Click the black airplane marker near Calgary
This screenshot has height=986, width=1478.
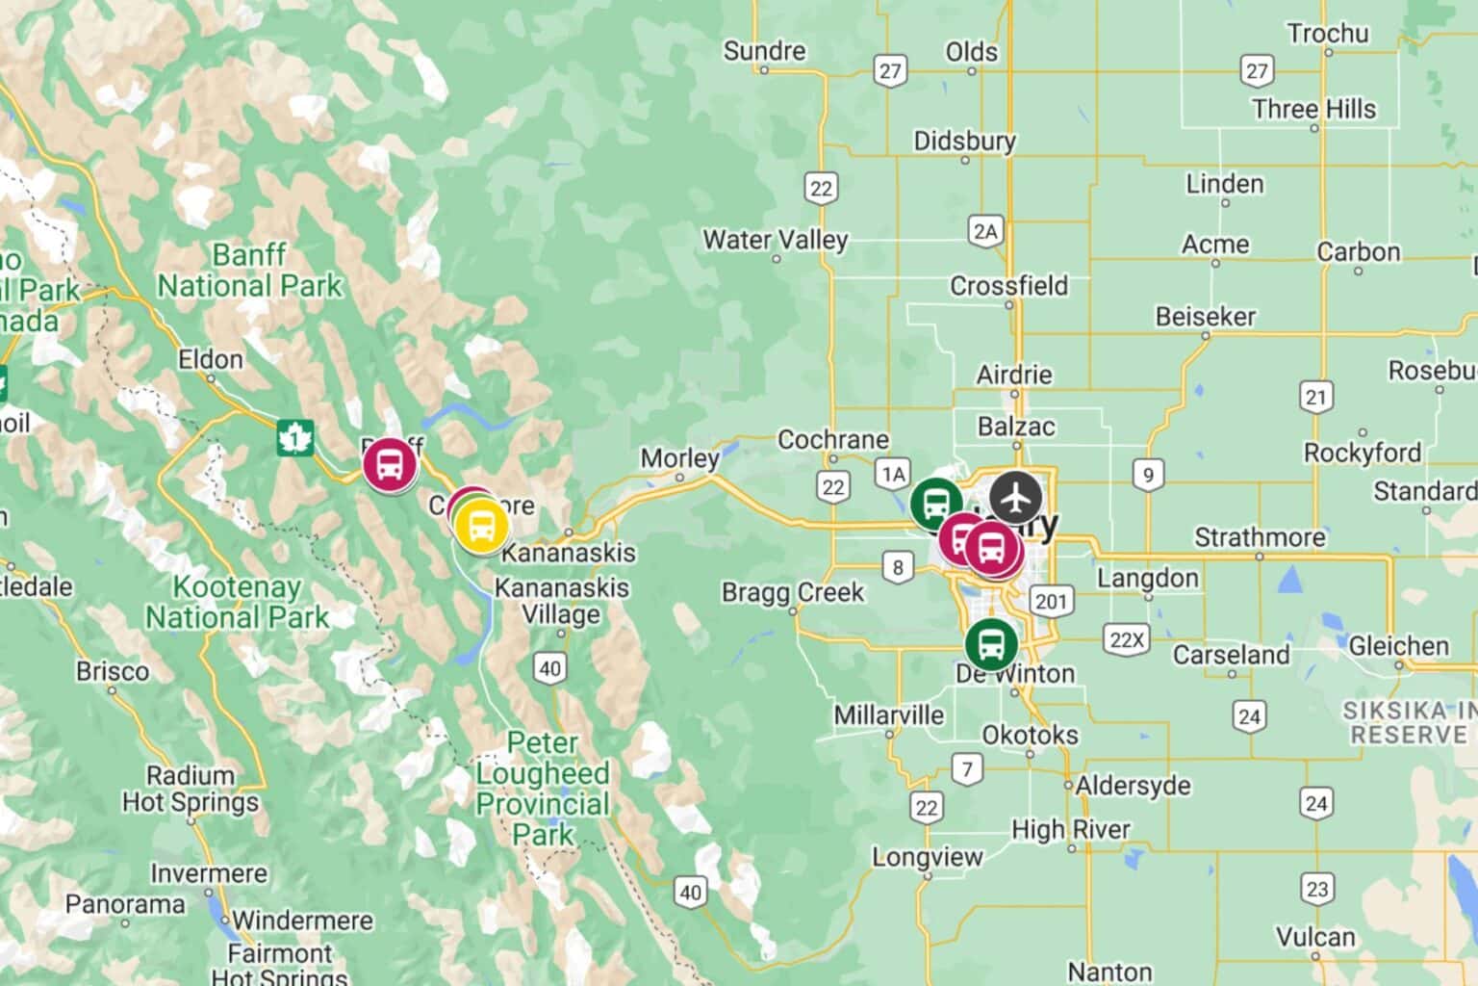(1015, 498)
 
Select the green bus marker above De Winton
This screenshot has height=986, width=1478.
(991, 643)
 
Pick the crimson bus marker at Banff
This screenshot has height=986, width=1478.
(390, 464)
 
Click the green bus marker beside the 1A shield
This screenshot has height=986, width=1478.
(935, 502)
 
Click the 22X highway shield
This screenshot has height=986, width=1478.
(1126, 640)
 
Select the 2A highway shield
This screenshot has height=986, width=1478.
(985, 231)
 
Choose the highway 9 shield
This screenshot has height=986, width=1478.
(1146, 474)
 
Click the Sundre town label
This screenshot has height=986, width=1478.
(764, 51)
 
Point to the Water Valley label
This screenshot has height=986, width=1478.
(776, 240)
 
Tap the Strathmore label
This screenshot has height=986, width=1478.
(1260, 537)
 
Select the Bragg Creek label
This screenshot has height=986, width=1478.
(793, 592)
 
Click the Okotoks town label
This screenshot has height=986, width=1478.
(1030, 736)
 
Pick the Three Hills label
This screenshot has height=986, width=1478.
(1313, 109)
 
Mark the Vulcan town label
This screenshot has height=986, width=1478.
(1315, 937)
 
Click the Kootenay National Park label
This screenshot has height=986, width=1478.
(238, 602)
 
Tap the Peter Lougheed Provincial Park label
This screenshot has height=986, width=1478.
(544, 789)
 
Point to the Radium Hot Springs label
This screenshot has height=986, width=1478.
(191, 789)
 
